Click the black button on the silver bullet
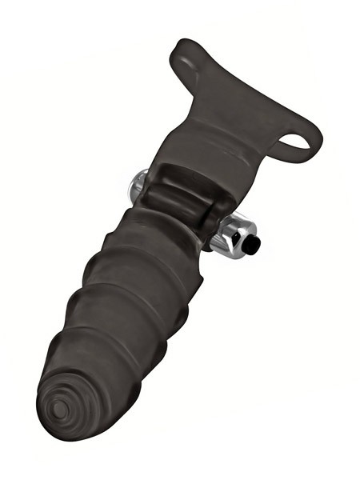coord(251,246)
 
